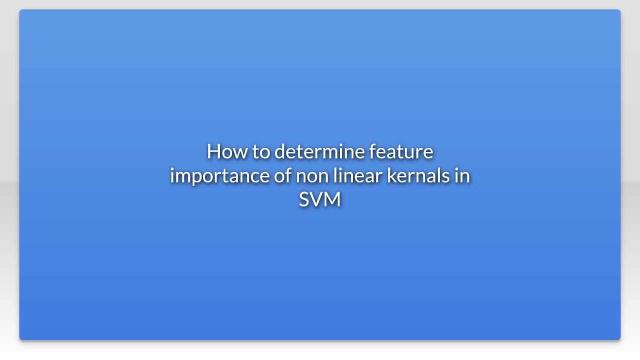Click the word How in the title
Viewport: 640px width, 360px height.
click(226, 151)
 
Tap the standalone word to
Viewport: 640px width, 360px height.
click(260, 151)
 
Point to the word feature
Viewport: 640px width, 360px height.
click(401, 151)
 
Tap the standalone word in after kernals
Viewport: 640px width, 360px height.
click(462, 176)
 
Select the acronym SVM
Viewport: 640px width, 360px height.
click(319, 199)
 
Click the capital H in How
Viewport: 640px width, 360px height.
click(213, 151)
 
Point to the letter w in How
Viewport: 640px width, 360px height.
click(239, 152)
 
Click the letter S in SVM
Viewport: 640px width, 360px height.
click(304, 199)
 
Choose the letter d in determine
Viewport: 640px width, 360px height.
click(280, 151)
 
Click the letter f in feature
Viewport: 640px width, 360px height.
click(372, 151)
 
